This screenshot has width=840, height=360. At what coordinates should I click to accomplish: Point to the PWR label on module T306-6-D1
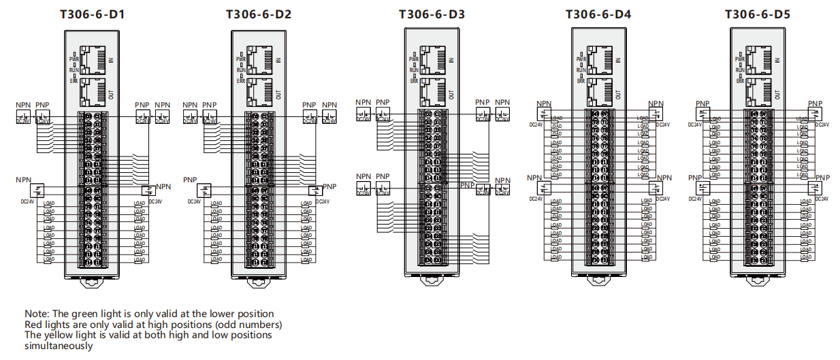[x=74, y=60]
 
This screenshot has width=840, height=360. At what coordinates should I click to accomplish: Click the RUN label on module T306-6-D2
[x=241, y=70]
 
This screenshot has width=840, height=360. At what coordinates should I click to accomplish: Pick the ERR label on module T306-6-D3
[x=414, y=80]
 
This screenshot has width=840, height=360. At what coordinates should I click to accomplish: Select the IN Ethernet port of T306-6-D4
[x=598, y=61]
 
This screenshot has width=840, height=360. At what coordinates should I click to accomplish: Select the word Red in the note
[x=34, y=325]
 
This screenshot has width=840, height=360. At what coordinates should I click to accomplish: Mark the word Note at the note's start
[x=35, y=314]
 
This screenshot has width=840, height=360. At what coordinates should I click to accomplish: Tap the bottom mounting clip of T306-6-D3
[x=432, y=278]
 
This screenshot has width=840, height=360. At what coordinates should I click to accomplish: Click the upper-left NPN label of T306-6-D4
[x=544, y=104]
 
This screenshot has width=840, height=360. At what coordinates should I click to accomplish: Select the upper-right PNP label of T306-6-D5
[x=815, y=104]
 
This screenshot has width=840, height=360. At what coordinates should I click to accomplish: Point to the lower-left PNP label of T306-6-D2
[x=190, y=180]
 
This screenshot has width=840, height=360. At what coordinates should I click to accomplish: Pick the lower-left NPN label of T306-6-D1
[x=24, y=180]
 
